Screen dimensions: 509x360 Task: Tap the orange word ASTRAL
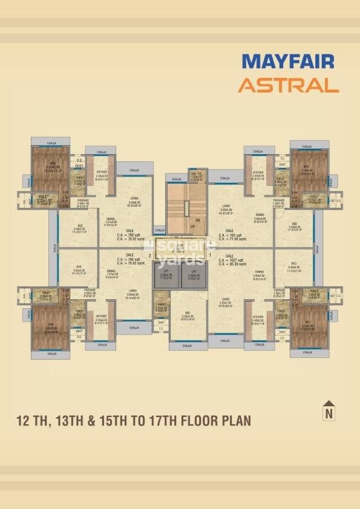(x=287, y=85)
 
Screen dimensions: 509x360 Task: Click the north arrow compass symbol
(x=329, y=409)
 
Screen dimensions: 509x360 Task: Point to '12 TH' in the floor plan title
(x=39, y=420)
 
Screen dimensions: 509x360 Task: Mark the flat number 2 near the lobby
(x=149, y=256)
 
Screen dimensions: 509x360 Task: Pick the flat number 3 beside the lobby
(x=149, y=242)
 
